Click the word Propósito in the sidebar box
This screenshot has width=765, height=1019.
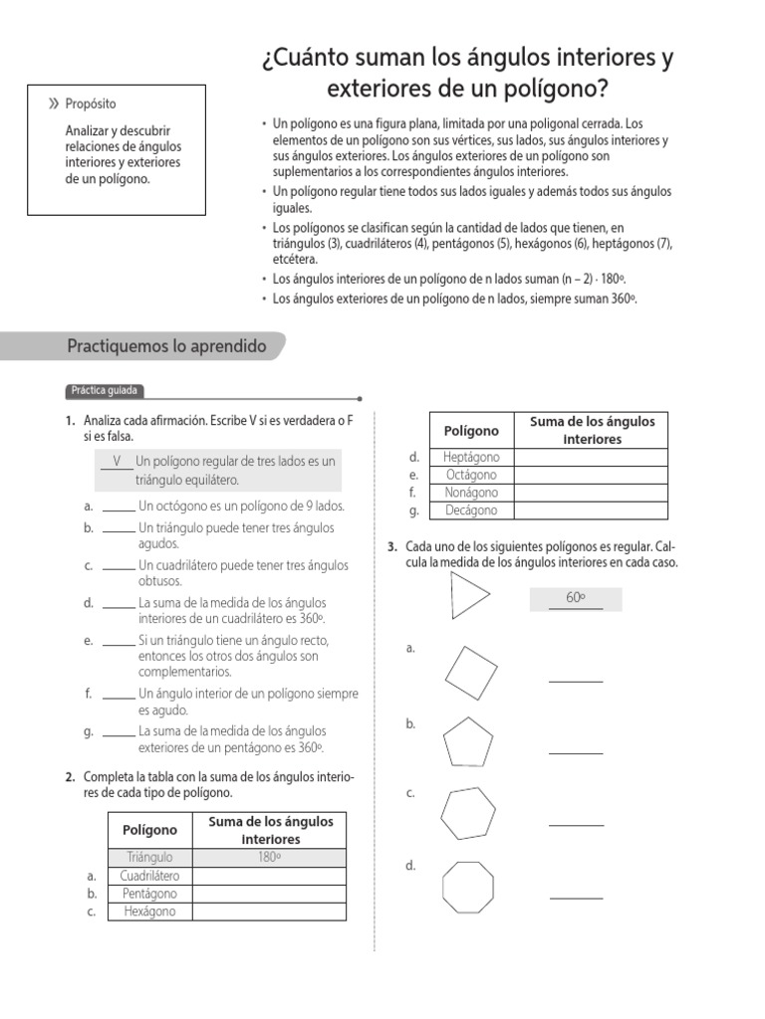[x=91, y=104]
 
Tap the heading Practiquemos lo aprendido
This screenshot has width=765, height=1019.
[x=166, y=346]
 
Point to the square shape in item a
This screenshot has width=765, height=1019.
[x=471, y=670]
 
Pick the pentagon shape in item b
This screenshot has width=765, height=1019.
[x=467, y=742]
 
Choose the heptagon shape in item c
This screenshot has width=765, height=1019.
[x=467, y=813]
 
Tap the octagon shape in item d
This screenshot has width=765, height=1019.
[x=467, y=886]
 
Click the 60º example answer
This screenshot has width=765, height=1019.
[x=576, y=598]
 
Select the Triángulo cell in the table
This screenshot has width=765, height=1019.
[x=149, y=857]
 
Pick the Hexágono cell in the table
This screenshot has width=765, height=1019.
[x=149, y=912]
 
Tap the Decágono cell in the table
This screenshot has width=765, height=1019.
[x=471, y=510]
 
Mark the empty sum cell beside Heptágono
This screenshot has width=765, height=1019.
[x=591, y=457]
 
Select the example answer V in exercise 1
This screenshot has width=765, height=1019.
[x=118, y=462]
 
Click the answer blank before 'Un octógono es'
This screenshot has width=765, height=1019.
[x=118, y=507]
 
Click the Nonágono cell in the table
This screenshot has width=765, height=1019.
[x=471, y=493]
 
